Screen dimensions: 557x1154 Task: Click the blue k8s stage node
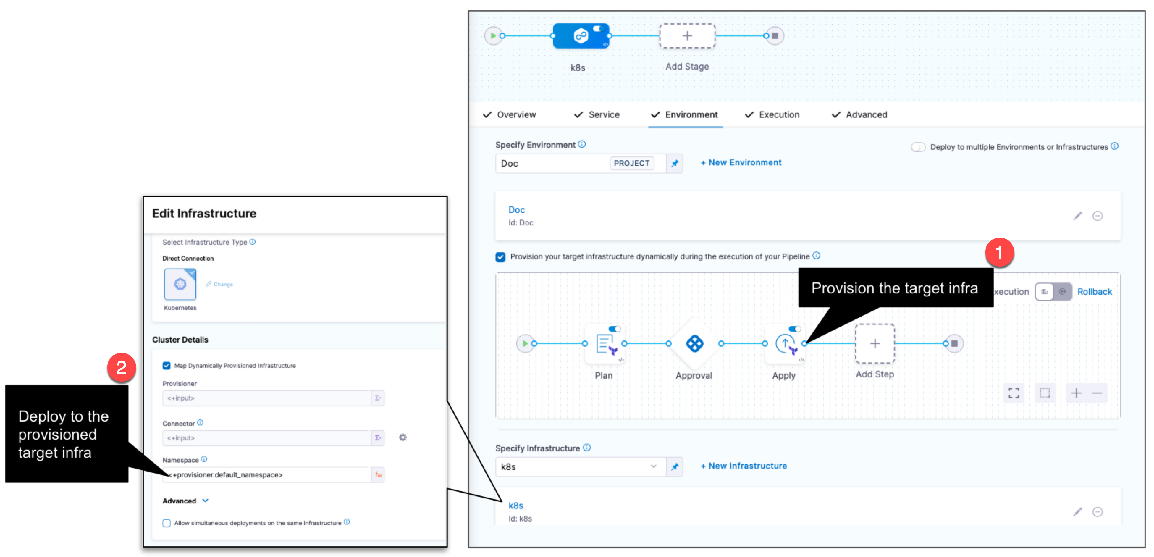pyautogui.click(x=581, y=35)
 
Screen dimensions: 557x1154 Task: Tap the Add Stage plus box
pyautogui.click(x=687, y=36)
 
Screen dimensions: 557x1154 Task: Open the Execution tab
pyautogui.click(x=779, y=115)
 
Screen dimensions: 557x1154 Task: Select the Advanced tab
pyautogui.click(x=866, y=115)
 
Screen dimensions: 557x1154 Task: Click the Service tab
pyautogui.click(x=603, y=115)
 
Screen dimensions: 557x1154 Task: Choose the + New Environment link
pyautogui.click(x=741, y=163)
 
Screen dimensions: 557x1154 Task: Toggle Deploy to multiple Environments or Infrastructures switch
pyautogui.click(x=918, y=147)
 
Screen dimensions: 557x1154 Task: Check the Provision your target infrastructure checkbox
pyautogui.click(x=500, y=257)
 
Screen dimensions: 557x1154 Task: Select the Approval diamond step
pyautogui.click(x=694, y=344)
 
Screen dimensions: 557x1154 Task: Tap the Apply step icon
pyautogui.click(x=785, y=344)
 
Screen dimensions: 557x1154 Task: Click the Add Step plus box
pyautogui.click(x=875, y=344)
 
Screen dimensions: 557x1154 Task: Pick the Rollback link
pyautogui.click(x=1094, y=292)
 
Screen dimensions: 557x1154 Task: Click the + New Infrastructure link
pyautogui.click(x=744, y=466)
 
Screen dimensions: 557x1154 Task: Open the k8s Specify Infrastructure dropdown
pyautogui.click(x=580, y=467)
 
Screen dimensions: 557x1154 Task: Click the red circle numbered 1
pyautogui.click(x=999, y=253)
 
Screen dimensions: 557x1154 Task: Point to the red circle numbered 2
pyautogui.click(x=121, y=368)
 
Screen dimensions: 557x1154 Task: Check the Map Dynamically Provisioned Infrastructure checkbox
pyautogui.click(x=167, y=366)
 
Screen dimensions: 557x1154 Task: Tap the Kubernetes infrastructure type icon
pyautogui.click(x=180, y=284)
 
